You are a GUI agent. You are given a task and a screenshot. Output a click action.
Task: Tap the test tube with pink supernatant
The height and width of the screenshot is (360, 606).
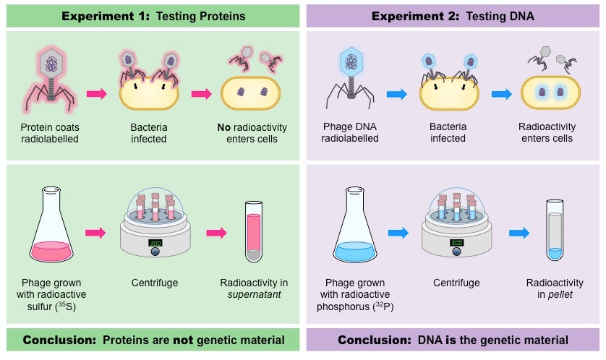254,232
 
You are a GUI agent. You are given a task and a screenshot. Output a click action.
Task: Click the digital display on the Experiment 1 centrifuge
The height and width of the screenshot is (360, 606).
155,243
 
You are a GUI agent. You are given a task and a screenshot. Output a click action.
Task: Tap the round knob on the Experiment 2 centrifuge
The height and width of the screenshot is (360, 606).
456,252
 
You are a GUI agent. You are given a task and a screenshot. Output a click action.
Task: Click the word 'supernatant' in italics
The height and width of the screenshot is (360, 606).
254,295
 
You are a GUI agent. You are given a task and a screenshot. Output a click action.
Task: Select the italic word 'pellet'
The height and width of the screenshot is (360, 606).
560,295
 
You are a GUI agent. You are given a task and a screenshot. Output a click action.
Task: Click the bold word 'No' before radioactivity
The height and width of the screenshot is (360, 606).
223,127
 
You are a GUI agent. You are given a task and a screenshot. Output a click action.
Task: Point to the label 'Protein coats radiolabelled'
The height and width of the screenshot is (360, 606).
50,133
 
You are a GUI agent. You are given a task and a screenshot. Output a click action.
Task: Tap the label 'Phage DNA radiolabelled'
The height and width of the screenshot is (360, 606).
350,132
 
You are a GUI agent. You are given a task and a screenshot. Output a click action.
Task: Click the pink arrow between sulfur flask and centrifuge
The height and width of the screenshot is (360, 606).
95,233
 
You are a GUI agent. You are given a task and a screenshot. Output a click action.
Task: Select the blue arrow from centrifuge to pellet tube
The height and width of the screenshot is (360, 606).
519,233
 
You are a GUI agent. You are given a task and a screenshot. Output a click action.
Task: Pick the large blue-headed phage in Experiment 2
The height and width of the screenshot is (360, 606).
351,78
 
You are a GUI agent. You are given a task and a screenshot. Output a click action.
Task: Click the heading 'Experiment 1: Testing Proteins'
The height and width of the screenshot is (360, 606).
153,16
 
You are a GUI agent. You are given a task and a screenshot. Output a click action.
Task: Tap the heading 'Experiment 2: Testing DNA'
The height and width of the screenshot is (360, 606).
453,16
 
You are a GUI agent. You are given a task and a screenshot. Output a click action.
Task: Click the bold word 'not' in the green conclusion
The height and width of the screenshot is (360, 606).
182,340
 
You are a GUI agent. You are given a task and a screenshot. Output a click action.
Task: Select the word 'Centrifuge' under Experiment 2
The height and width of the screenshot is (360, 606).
456,283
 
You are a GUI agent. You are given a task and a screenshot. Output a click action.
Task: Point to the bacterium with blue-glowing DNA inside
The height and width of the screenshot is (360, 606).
550,93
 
